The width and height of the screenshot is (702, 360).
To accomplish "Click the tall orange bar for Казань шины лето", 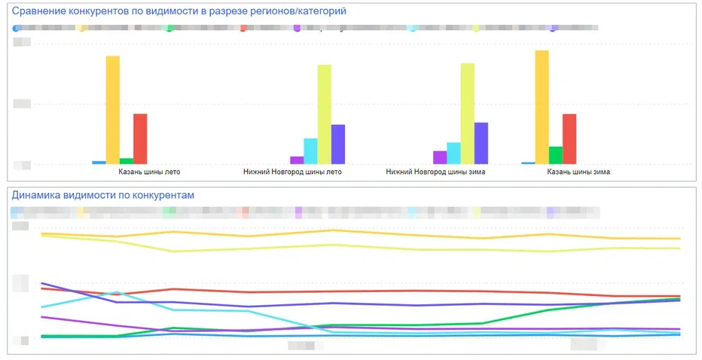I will pyautogui.click(x=112, y=109).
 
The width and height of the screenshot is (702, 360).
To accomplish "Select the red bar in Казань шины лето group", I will pyautogui.click(x=140, y=139).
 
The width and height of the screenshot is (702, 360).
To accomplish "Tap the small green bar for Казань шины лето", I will pyautogui.click(x=126, y=160).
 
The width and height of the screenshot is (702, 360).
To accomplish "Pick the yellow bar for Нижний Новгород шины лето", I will pyautogui.click(x=324, y=114).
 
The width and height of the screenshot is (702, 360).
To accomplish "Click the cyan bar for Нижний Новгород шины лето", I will pyautogui.click(x=310, y=151).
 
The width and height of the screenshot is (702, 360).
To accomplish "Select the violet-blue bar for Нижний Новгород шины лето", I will pyautogui.click(x=338, y=144).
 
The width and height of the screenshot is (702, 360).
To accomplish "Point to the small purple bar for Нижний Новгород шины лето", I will pyautogui.click(x=297, y=160).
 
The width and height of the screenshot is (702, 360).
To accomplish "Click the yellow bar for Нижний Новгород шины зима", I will pyautogui.click(x=468, y=113).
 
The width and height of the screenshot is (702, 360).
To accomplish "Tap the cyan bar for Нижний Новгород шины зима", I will pyautogui.click(x=453, y=153).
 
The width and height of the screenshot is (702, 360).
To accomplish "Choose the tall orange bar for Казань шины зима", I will pyautogui.click(x=542, y=107).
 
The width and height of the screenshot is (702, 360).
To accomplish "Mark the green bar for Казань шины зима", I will pyautogui.click(x=555, y=154).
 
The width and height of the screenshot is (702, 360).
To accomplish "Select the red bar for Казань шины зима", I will pyautogui.click(x=569, y=139).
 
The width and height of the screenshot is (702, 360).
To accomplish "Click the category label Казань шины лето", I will pyautogui.click(x=149, y=172).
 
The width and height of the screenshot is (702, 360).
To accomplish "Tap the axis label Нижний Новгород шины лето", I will pyautogui.click(x=292, y=172).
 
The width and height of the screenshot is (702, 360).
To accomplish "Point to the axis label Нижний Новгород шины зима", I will pyautogui.click(x=435, y=172).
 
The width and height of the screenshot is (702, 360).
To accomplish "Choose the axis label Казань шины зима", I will pyautogui.click(x=578, y=172).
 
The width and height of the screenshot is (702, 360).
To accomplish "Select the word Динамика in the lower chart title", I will pyautogui.click(x=36, y=195).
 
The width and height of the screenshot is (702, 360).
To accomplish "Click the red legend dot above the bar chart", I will pyautogui.click(x=244, y=28).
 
